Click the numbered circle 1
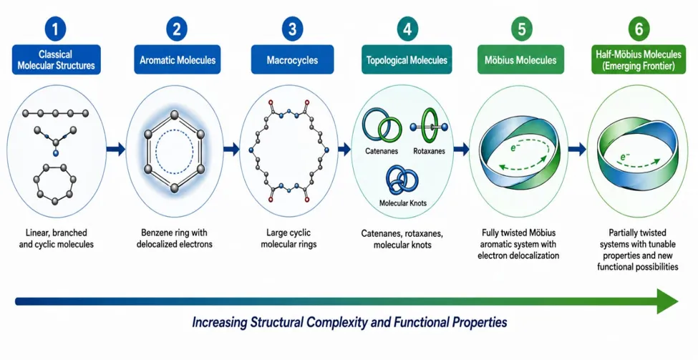point(56,29)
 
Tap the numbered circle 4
point(407,29)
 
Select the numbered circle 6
point(639,29)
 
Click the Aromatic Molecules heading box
point(177,59)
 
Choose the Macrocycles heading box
point(292,59)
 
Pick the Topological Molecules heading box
point(407,59)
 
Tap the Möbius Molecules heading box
point(521,59)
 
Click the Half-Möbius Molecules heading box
point(639,59)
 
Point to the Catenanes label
point(382,151)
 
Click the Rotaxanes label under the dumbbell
point(429,151)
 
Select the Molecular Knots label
point(403,203)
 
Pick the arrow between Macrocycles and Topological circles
point(344,149)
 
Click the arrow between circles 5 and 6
point(577,149)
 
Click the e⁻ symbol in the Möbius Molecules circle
point(514,147)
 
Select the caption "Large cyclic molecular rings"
point(289,238)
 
